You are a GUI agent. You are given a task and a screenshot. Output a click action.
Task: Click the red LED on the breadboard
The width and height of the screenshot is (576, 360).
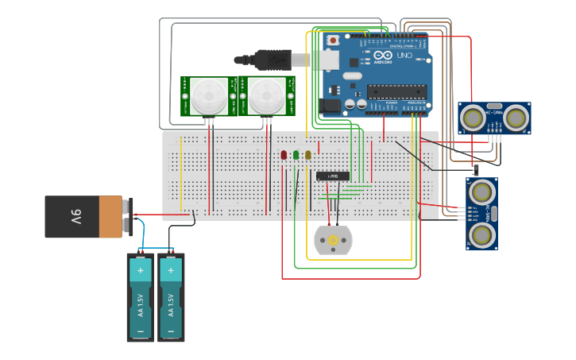click(x=284, y=155)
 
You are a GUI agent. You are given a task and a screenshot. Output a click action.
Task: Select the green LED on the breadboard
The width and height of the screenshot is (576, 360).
click(x=296, y=155)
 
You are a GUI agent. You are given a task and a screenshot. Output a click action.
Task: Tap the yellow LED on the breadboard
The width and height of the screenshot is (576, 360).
click(x=307, y=155)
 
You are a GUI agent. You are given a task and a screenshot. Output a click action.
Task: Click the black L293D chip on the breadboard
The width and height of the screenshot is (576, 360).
click(x=333, y=176)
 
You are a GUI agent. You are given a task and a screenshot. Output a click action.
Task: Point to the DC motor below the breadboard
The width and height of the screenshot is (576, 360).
click(x=333, y=240)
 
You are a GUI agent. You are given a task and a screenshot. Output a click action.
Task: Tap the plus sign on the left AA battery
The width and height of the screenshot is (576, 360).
click(x=141, y=270)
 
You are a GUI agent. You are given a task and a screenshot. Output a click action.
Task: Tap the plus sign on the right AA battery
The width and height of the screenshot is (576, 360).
click(x=170, y=270)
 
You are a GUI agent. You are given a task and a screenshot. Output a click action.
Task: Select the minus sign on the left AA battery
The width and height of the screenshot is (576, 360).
click(x=141, y=331)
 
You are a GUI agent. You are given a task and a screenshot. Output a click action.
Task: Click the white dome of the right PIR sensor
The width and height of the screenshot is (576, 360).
click(x=266, y=97)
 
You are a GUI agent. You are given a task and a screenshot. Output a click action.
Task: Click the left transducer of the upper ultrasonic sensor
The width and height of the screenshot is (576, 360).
click(x=474, y=118)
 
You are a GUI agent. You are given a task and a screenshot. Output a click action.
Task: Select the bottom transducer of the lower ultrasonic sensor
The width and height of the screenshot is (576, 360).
click(x=481, y=234)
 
